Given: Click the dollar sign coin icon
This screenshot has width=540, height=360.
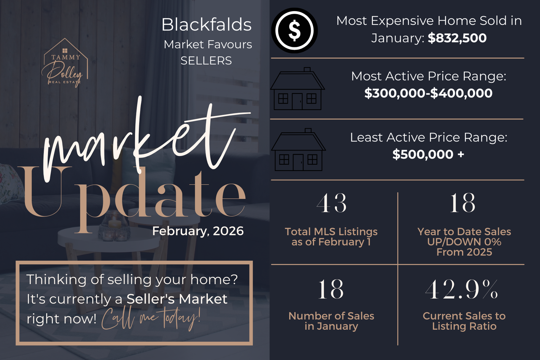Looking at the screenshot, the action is [294, 31].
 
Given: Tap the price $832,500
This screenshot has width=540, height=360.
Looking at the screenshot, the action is [457, 38].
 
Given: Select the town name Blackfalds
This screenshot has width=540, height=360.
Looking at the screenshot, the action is [207, 25].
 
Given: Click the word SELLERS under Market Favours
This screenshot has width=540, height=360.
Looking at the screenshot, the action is [206, 60].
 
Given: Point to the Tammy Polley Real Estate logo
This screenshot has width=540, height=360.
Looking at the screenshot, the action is [64, 63].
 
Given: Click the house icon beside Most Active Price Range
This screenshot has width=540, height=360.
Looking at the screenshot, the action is [297, 89].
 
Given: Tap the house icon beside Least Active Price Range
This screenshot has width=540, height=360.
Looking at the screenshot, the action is [298, 150].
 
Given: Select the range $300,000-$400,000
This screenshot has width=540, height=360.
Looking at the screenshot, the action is [428, 93].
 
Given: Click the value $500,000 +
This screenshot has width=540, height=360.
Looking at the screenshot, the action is [428, 154].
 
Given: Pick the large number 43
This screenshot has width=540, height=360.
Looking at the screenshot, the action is [331, 203].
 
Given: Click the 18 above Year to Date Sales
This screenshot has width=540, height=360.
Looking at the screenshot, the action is [463, 203].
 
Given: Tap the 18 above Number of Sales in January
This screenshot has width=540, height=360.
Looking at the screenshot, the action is [331, 289].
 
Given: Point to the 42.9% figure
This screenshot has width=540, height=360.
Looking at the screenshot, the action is [461, 289].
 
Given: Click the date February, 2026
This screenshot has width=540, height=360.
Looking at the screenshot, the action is [198, 231].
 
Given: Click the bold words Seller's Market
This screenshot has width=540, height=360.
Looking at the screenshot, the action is [177, 299].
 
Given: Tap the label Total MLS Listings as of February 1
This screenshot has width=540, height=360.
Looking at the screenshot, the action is [331, 237].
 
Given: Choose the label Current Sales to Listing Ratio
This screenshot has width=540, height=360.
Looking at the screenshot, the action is [464, 321].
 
